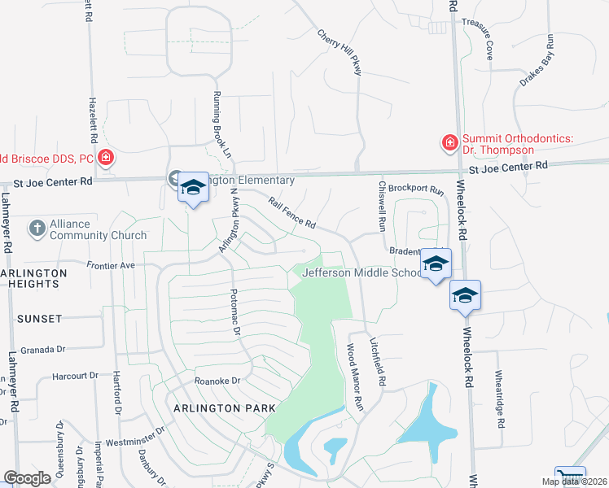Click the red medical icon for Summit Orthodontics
click(x=449, y=144)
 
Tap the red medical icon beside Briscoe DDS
click(x=105, y=157)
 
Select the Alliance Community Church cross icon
click(x=37, y=229)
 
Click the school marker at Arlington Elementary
click(x=193, y=188)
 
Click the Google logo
click(x=27, y=478)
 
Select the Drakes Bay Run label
click(x=537, y=60)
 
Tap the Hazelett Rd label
click(x=89, y=117)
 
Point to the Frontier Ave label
click(x=111, y=265)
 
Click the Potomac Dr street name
click(x=236, y=312)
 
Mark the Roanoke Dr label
click(x=217, y=380)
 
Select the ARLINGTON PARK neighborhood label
click(x=219, y=407)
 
